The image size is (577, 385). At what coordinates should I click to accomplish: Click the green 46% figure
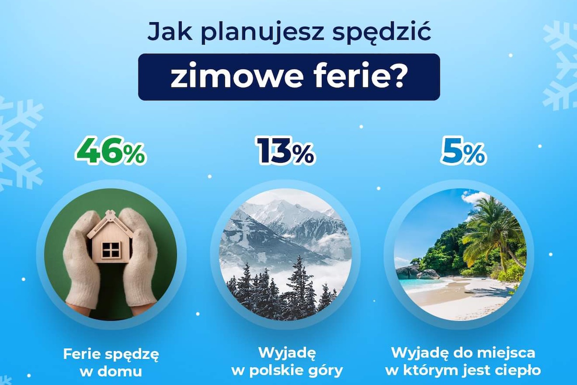pos(111,151)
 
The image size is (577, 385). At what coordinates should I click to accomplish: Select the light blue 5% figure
pos(464,151)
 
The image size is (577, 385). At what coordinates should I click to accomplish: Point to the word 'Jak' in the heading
pos(170,32)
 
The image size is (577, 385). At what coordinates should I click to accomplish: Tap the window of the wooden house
pos(111,250)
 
